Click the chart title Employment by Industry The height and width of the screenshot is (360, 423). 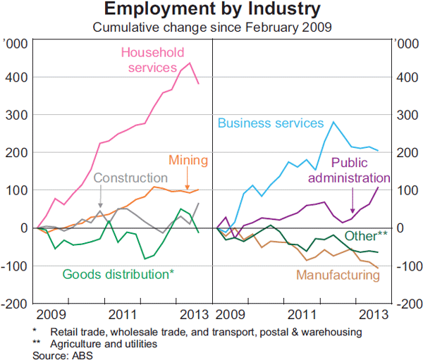coord(211,10)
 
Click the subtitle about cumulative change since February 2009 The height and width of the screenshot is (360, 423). coord(212,28)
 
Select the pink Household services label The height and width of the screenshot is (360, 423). coord(152,60)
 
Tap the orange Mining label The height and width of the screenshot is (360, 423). coord(187,160)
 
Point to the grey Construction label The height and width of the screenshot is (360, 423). coord(130,178)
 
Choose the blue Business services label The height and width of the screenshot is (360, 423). coord(270,123)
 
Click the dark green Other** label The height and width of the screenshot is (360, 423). coord(366,236)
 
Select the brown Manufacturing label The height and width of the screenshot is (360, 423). coord(338,275)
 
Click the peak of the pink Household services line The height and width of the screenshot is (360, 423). coord(190,63)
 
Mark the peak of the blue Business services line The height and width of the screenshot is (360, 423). coord(333,122)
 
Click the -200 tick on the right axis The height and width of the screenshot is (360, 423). coord(409,304)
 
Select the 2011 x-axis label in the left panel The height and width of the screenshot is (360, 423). coord(123,314)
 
